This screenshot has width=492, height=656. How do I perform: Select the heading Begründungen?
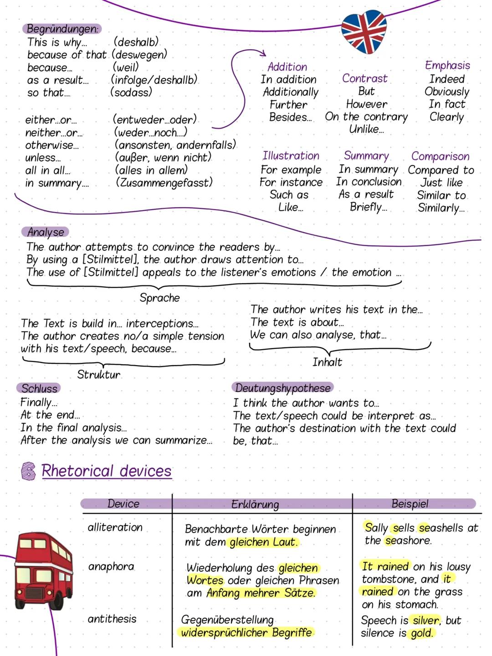point(62,29)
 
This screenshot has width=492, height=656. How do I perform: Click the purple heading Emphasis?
point(447,66)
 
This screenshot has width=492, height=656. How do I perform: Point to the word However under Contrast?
point(366,104)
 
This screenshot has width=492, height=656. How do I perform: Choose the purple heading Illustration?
point(291,156)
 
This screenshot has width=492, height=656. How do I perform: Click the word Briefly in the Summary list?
point(368,207)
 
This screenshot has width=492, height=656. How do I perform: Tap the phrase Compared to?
point(441,170)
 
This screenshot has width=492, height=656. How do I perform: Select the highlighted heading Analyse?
point(45,232)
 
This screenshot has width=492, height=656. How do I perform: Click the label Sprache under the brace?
point(159,298)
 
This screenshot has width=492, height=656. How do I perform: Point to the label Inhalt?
point(327,362)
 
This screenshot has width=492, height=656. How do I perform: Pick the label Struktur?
point(98,375)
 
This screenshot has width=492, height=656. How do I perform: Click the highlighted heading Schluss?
point(39,388)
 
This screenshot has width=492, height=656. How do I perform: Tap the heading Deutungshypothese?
point(282,388)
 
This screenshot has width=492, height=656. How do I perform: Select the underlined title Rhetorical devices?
point(106,471)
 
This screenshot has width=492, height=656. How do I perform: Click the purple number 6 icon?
point(28,471)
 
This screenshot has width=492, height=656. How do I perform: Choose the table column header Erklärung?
point(255,504)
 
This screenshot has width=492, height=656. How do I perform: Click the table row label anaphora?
point(111,567)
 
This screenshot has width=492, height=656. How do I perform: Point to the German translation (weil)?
point(125,67)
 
